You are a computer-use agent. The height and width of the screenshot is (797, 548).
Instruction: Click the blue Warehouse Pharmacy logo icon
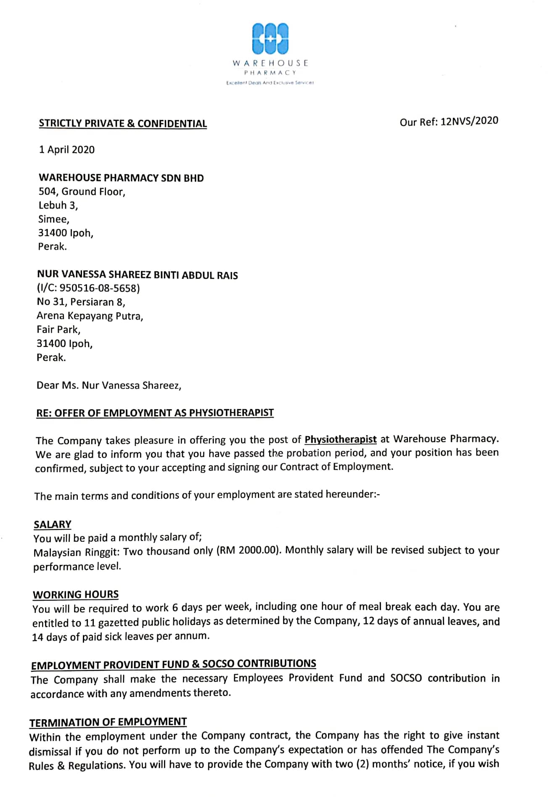point(270,38)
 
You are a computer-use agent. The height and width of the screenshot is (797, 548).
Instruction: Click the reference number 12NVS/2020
point(469,121)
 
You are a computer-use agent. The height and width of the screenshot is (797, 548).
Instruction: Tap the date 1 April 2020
point(67,150)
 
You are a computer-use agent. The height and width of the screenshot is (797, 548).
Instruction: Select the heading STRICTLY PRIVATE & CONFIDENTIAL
point(123,124)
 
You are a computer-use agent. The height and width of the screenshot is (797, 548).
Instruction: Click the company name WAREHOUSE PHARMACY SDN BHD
point(121,178)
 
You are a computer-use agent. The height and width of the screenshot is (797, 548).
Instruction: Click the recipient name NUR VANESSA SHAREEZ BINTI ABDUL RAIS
point(137,275)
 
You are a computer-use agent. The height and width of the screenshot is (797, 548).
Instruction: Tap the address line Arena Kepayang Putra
point(90,316)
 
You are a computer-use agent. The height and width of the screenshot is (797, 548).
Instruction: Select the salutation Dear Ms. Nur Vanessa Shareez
point(109,385)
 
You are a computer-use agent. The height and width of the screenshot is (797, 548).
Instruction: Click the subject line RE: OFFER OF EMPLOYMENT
point(155,413)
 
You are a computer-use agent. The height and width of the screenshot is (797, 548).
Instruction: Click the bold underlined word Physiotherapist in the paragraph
point(340,440)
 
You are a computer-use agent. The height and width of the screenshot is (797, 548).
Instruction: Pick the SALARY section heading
point(53,524)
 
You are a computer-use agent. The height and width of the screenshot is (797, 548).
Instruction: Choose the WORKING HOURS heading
point(76,594)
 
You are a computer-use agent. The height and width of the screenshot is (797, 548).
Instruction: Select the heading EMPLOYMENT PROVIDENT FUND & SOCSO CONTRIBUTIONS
point(173,664)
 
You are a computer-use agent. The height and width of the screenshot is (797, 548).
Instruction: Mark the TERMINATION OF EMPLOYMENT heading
point(108,722)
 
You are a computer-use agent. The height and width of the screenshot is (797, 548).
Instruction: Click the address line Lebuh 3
point(58,205)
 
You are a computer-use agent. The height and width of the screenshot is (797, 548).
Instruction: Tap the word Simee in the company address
point(54,219)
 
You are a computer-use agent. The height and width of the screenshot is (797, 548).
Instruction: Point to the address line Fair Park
point(58,329)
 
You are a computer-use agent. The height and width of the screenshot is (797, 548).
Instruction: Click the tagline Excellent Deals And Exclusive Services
point(270,83)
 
